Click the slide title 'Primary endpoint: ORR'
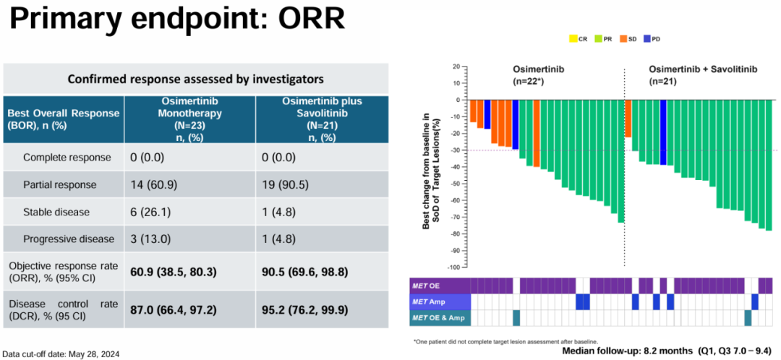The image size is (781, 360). pyautogui.click(x=178, y=20)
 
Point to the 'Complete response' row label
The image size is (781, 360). pyautogui.click(x=67, y=158)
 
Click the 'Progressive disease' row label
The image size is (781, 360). pyautogui.click(x=69, y=239)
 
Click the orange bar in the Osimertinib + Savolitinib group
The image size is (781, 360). pyautogui.click(x=627, y=119)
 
